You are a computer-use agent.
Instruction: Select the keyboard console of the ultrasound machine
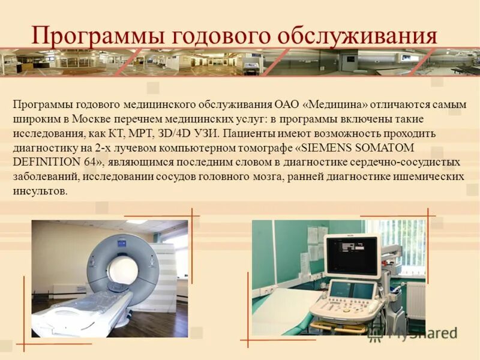click(345, 303)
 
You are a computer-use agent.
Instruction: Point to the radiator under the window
click(414, 300)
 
